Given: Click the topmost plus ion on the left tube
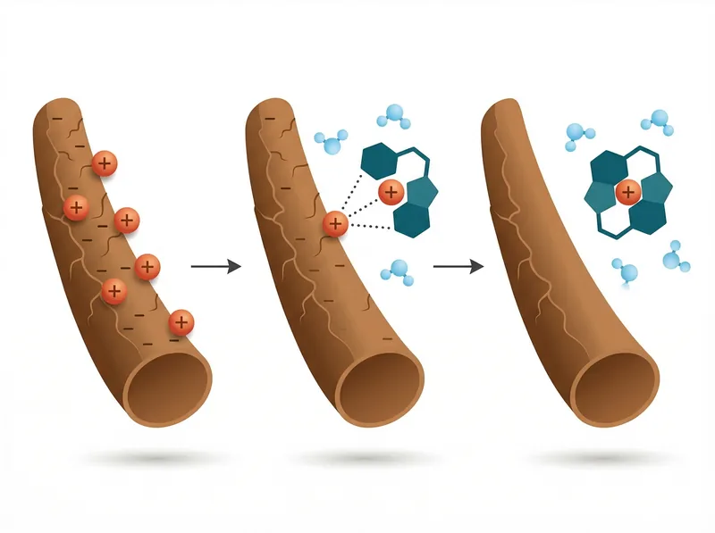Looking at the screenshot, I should (x=105, y=163).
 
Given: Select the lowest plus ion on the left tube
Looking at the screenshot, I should (x=181, y=321).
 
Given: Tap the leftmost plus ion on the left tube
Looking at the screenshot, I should (x=76, y=208).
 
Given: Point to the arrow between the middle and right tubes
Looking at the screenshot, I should (x=458, y=266).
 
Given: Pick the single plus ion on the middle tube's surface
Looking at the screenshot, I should (x=335, y=223).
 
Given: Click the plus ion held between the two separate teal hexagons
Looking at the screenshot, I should (x=390, y=191).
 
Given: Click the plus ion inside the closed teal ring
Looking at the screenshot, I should (x=627, y=190).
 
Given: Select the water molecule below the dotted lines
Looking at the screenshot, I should (x=400, y=271).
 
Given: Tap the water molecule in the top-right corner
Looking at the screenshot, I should (x=659, y=120).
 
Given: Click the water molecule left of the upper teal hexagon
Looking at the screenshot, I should (x=330, y=141).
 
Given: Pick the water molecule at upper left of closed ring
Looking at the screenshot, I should (x=579, y=137).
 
